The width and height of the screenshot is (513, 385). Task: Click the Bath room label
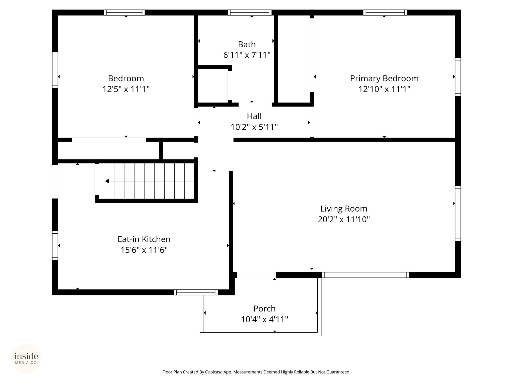click(247, 44)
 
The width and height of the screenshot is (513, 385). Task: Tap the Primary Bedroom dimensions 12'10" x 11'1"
click(384, 89)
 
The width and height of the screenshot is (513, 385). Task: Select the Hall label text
click(254, 116)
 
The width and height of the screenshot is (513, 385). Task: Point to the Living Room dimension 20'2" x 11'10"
click(344, 220)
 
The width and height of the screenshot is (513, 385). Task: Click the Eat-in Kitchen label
click(144, 239)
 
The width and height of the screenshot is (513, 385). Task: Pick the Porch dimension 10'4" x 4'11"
click(265, 319)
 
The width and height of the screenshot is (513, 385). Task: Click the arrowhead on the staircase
click(107, 181)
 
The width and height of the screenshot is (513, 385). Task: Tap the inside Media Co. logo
click(26, 358)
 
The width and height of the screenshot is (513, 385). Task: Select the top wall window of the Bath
click(249, 13)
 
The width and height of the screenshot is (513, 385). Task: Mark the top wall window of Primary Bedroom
click(385, 13)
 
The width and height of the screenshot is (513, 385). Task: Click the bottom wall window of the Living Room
click(365, 275)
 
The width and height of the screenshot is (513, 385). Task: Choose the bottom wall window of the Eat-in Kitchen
click(196, 292)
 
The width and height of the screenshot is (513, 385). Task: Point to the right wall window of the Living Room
click(458, 214)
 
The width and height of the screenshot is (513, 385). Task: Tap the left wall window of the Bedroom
click(55, 70)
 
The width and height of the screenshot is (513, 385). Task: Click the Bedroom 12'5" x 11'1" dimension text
click(126, 89)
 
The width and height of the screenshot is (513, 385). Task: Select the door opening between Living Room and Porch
click(256, 275)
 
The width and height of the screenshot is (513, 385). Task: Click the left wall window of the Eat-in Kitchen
click(55, 245)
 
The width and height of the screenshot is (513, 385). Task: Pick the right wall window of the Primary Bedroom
click(458, 77)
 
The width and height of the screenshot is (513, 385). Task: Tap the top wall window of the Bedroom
click(124, 13)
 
